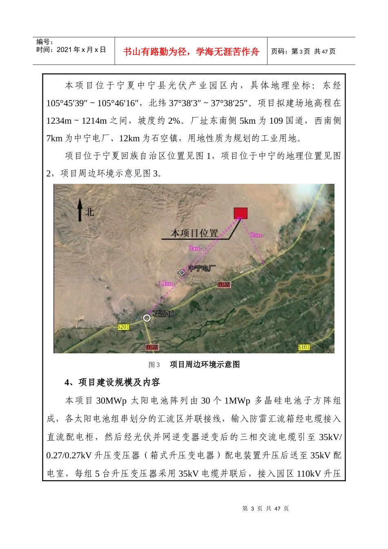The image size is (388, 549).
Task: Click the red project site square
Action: [241, 213]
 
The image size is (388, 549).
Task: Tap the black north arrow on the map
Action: [80, 210]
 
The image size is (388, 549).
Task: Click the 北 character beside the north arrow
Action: [90, 212]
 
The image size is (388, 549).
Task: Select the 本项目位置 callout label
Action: [194, 233]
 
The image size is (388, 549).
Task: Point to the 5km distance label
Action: [256, 235]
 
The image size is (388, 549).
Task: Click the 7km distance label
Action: [194, 248]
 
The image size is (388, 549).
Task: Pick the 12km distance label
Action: [165, 283]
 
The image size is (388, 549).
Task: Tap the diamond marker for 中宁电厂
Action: [182, 272]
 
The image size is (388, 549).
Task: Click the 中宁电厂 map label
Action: [202, 268]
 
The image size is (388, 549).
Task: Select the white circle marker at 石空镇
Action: [147, 318]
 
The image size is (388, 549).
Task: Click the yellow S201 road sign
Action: [123, 327]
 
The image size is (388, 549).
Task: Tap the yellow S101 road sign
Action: [304, 347]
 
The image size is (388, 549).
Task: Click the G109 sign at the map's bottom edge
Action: [152, 347]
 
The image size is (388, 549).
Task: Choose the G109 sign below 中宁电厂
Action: [224, 284]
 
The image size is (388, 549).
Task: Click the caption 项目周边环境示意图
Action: [205, 364]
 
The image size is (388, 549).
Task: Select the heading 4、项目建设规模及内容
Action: [112, 382]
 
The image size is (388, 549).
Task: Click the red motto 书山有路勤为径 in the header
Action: [191, 51]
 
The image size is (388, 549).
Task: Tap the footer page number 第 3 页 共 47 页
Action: [265, 509]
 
